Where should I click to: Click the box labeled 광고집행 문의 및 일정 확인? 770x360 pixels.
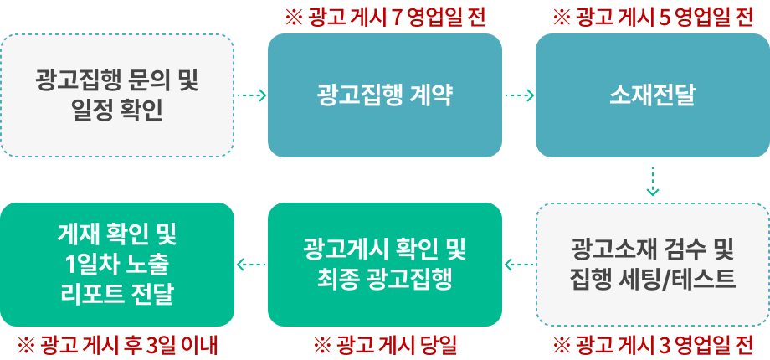(117, 95)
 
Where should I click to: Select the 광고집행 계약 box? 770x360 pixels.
(385, 95)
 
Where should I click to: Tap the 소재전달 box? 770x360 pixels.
(653, 95)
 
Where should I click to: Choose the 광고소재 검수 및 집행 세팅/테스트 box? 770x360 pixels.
(653, 264)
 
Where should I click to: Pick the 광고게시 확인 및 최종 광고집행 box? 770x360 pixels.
(385, 264)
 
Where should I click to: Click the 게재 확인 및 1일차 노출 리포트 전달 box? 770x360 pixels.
(117, 264)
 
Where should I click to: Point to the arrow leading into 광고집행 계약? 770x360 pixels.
(251, 95)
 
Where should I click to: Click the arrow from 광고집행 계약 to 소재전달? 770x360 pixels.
(519, 95)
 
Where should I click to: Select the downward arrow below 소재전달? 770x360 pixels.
(653, 181)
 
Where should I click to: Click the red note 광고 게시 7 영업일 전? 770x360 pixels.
(386, 18)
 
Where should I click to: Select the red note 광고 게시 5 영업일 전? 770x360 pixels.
(654, 18)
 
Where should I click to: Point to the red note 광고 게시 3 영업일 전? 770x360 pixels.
(654, 344)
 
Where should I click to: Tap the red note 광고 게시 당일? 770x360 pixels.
(386, 344)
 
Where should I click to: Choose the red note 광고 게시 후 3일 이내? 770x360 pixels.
(118, 344)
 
